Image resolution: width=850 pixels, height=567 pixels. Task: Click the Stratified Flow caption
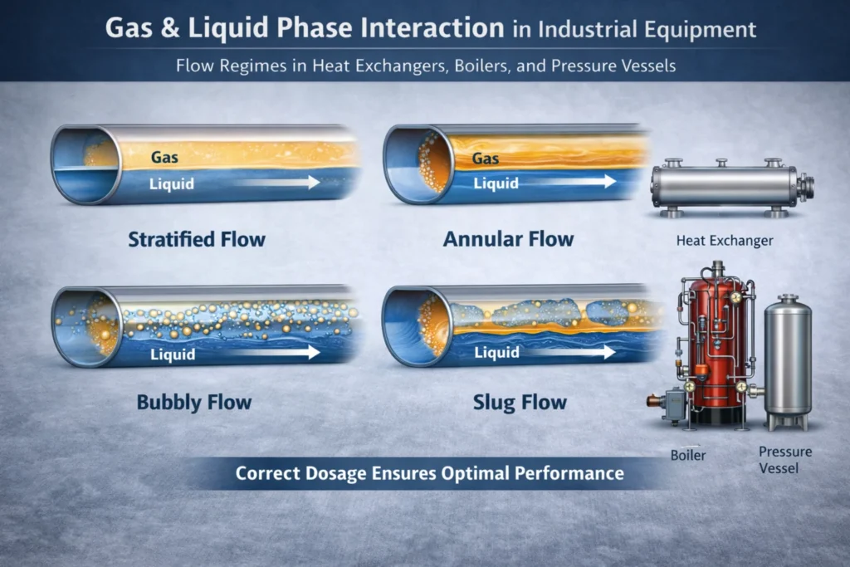197,240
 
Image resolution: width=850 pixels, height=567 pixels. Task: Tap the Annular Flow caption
508,239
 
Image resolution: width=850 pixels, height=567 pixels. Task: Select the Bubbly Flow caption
194,403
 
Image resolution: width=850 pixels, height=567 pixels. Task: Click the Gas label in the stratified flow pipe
164,157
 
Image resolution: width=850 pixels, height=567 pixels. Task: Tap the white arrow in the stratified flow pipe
281,183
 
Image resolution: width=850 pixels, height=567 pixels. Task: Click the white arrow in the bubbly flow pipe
281,353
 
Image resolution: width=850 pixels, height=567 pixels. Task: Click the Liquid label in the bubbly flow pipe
174,354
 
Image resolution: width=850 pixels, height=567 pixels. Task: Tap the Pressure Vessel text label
785,460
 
